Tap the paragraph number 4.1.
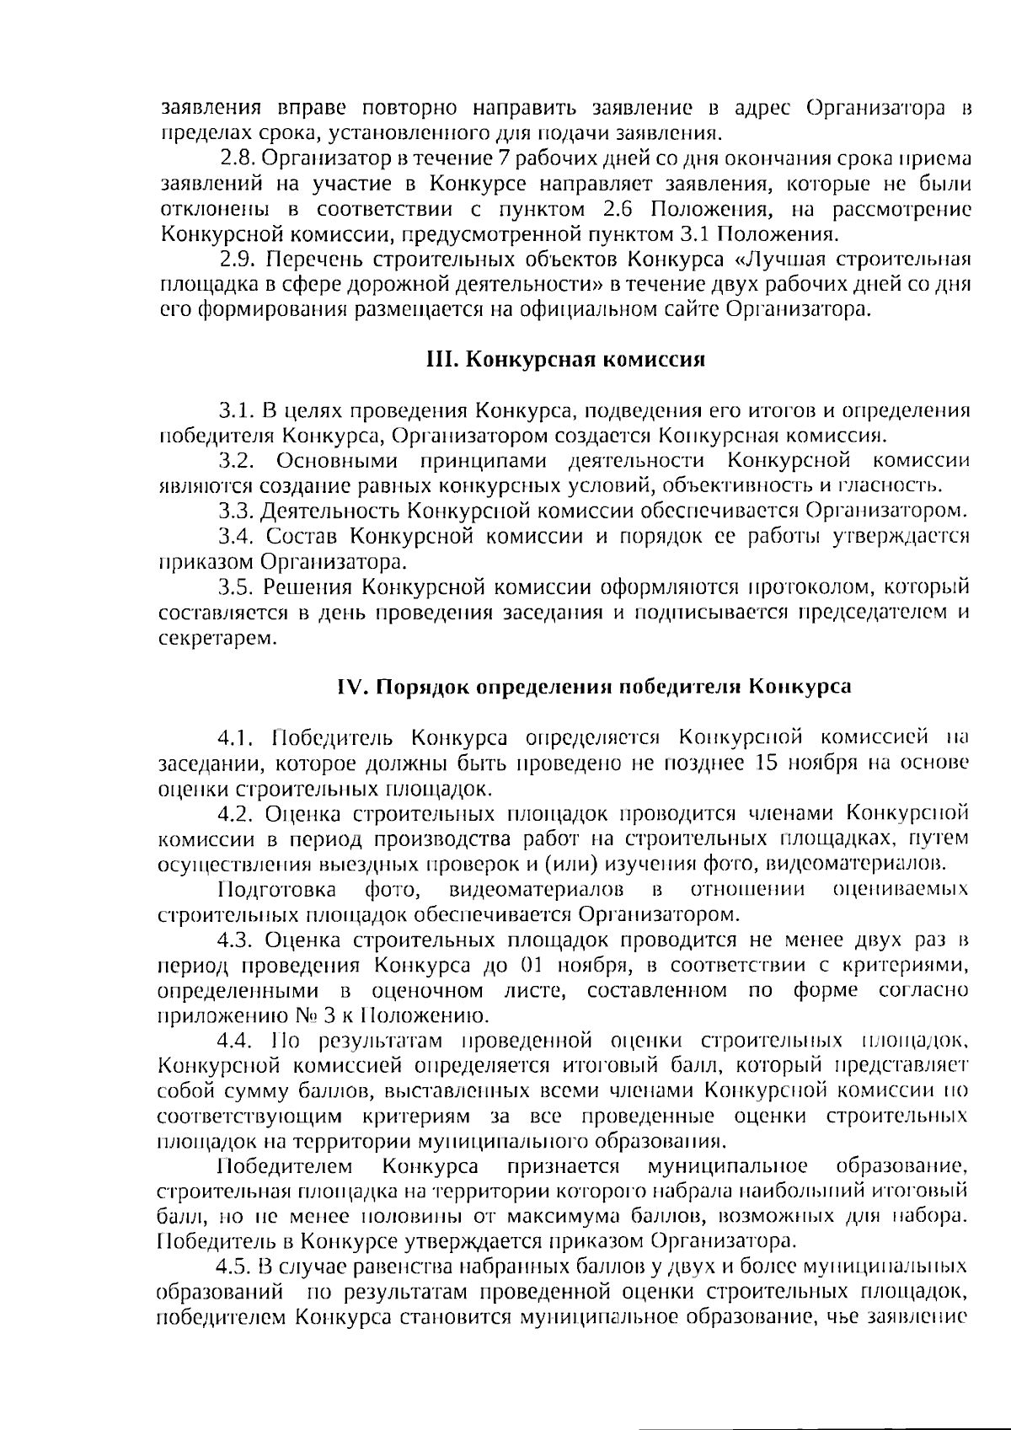click(236, 738)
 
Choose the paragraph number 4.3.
click(236, 940)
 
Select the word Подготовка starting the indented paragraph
click(277, 890)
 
